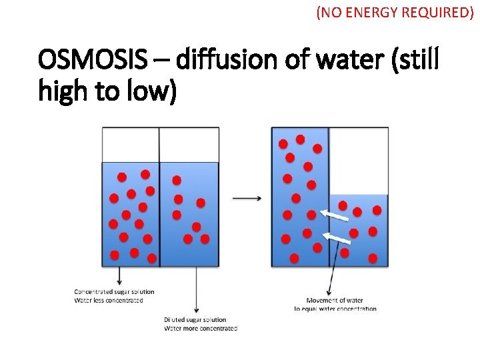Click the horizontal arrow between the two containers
pyautogui.click(x=247, y=198)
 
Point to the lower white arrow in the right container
pyautogui.click(x=337, y=237)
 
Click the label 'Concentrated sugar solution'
pyautogui.click(x=114, y=291)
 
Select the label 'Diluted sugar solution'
pyautogui.click(x=195, y=320)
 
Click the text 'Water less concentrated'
pyautogui.click(x=108, y=300)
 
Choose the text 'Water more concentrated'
pyautogui.click(x=200, y=328)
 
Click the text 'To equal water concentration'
pyautogui.click(x=335, y=309)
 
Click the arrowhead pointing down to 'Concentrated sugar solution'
pyautogui.click(x=119, y=283)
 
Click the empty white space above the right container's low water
pyautogui.click(x=359, y=160)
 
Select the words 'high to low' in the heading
pyautogui.click(x=107, y=91)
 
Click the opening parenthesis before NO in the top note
pyautogui.click(x=319, y=13)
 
